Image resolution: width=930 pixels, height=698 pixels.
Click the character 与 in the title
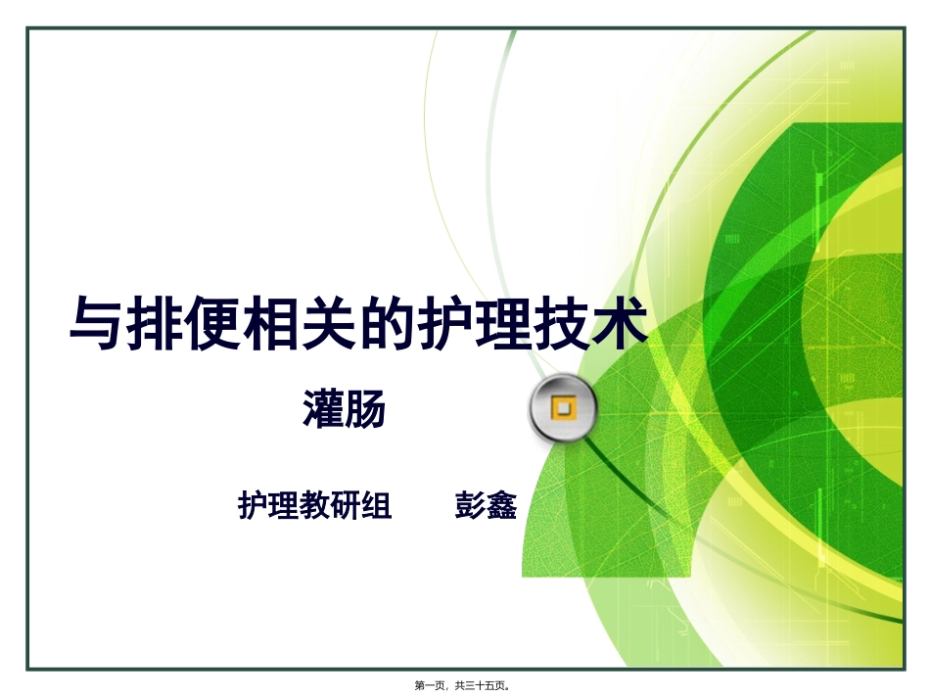[x=98, y=324]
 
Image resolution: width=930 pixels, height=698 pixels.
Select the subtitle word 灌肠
[x=344, y=409]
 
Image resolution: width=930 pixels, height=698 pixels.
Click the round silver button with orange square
[x=563, y=408]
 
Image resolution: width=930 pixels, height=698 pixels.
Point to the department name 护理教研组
[x=315, y=505]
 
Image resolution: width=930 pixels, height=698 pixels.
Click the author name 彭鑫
[x=486, y=505]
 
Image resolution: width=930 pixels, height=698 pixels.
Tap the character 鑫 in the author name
[x=501, y=505]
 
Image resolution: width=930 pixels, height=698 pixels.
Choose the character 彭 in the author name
[x=470, y=505]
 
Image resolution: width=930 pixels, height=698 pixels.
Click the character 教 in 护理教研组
[x=315, y=505]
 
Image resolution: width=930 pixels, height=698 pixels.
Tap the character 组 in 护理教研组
[x=377, y=505]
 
